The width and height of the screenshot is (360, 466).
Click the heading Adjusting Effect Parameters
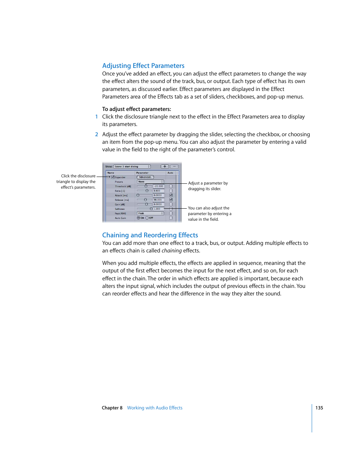(143, 66)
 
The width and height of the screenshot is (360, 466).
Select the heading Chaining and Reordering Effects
(150, 235)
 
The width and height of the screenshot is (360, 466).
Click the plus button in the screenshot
(165, 166)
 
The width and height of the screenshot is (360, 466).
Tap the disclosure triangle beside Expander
(109, 177)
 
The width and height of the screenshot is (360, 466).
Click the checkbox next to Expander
(113, 177)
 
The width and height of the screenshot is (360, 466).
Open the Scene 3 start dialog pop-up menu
(132, 166)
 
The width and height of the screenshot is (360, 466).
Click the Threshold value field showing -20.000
(158, 186)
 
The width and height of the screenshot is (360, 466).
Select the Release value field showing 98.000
(158, 200)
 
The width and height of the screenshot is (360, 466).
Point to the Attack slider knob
(138, 195)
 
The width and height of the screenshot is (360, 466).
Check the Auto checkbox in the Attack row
(171, 195)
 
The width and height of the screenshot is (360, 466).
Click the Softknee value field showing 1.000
(158, 209)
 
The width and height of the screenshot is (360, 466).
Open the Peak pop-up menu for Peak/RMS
(150, 214)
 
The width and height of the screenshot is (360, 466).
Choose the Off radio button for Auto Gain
(147, 218)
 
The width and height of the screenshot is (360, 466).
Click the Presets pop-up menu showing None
(150, 182)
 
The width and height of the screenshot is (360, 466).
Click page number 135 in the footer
(319, 408)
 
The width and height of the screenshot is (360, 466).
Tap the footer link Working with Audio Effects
(155, 408)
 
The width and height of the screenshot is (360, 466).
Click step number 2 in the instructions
(97, 134)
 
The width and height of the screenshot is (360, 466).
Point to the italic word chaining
(172, 251)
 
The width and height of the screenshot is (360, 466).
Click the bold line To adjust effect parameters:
(137, 109)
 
